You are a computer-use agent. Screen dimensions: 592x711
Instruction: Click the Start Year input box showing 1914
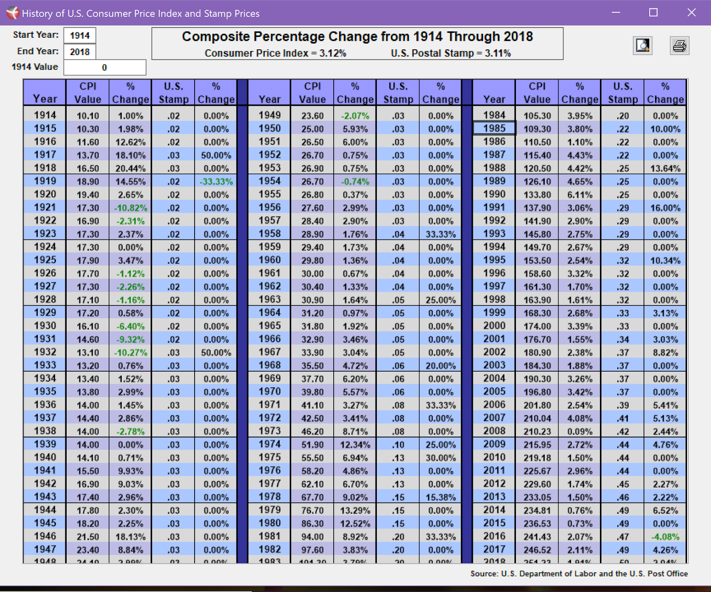click(x=80, y=36)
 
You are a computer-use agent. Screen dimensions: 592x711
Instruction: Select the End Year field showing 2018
click(x=80, y=52)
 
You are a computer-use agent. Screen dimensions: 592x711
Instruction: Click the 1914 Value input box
click(x=104, y=68)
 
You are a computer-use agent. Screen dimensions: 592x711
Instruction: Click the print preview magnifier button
click(x=643, y=45)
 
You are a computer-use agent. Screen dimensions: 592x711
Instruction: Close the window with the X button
click(x=691, y=12)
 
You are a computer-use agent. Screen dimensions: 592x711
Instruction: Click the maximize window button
click(x=653, y=12)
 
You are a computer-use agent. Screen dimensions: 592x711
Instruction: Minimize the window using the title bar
click(x=616, y=12)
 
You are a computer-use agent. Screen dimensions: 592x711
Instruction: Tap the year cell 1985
click(x=494, y=128)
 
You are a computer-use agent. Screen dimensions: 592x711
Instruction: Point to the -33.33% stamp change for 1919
click(x=216, y=182)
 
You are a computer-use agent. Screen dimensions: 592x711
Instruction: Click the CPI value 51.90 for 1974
click(x=312, y=445)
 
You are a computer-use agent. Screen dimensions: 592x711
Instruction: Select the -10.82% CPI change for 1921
click(x=131, y=208)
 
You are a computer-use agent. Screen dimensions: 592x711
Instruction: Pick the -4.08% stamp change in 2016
click(x=665, y=537)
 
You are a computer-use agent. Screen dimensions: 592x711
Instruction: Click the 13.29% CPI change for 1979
click(x=355, y=511)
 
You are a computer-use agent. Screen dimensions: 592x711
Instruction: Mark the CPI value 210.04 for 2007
click(x=537, y=418)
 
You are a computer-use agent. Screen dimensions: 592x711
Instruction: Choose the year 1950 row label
click(x=270, y=128)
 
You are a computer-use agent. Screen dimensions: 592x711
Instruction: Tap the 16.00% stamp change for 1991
click(x=665, y=208)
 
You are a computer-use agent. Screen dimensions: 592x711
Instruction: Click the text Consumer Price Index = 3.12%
click(x=275, y=53)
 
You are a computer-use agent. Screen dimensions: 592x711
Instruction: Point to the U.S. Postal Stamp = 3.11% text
click(x=451, y=53)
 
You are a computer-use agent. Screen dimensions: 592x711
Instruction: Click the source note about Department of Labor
click(x=579, y=573)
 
